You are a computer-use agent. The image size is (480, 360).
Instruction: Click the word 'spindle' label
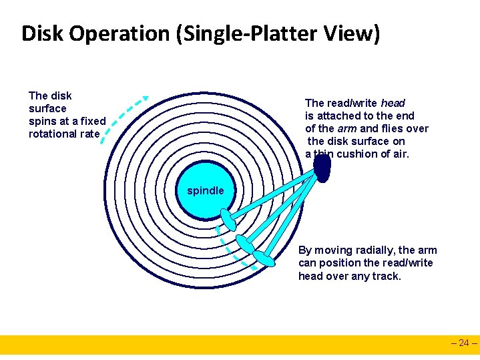(x=205, y=191)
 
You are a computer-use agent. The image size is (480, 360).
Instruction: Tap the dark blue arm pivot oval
(x=323, y=168)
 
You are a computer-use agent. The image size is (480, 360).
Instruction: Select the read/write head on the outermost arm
(x=264, y=257)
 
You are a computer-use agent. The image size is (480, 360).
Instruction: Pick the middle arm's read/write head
(x=245, y=244)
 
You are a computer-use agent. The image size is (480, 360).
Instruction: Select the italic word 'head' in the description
(x=393, y=103)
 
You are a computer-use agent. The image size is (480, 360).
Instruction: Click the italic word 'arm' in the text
(x=346, y=128)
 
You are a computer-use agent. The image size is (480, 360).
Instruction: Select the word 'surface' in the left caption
(x=47, y=108)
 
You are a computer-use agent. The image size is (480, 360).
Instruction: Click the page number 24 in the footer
(x=465, y=343)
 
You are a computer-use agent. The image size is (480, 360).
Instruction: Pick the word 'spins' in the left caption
(x=42, y=121)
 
